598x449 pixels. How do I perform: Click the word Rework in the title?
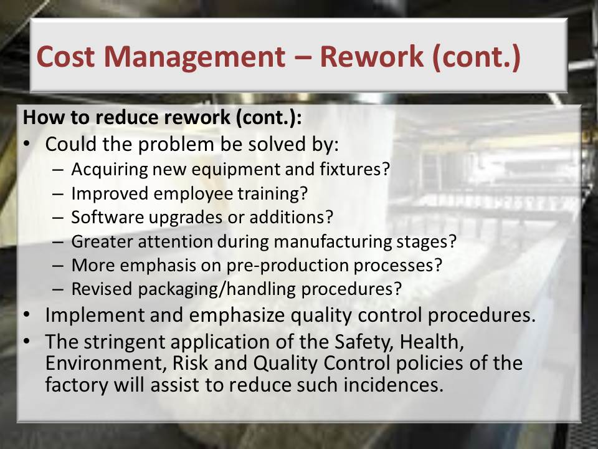coord(371,57)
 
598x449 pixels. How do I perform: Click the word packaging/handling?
coord(217,289)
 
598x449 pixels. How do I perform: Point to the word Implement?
coord(95,316)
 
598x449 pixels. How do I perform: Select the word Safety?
coord(364,342)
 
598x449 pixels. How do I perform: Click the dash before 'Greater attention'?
coord(57,242)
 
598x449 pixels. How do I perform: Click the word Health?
coord(431,342)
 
